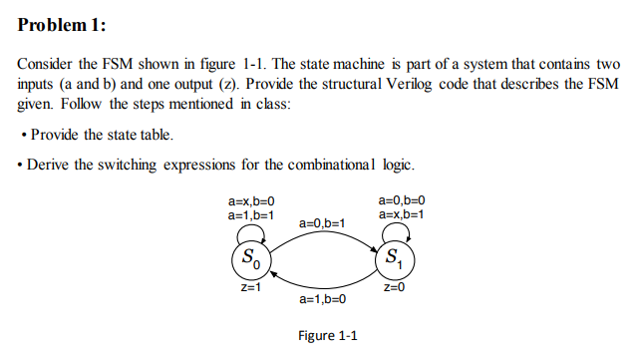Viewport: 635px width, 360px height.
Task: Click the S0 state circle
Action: [250, 262]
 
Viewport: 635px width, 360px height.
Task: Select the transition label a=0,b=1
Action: [322, 223]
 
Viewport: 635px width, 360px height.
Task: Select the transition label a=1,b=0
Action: [322, 299]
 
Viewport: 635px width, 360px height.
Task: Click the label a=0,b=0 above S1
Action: [402, 201]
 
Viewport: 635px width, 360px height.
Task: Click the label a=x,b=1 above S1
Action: [402, 214]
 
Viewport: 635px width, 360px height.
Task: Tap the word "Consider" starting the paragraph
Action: [47, 63]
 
